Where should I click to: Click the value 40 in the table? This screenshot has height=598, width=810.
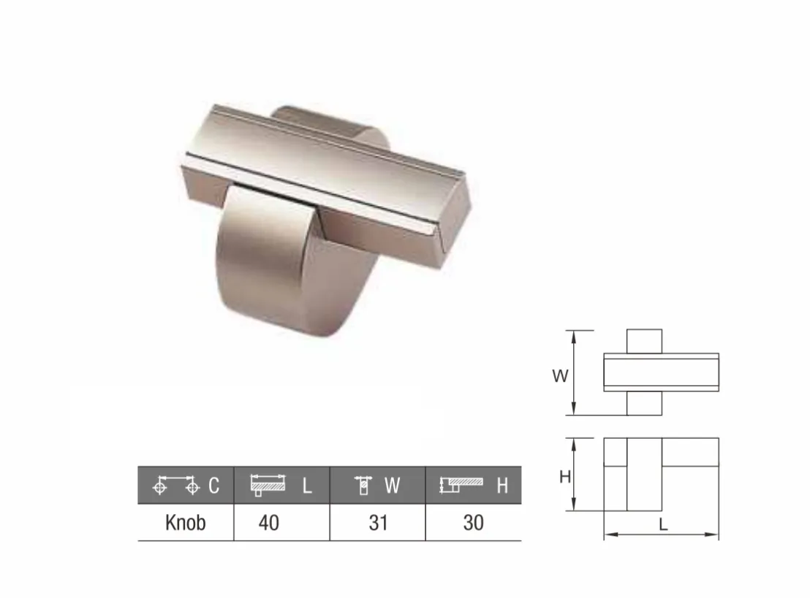coord(268,523)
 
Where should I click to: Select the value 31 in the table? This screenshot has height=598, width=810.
coord(378,523)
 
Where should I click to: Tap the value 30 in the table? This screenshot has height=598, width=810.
coord(473,523)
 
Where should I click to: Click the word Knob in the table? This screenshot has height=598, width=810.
coord(186,523)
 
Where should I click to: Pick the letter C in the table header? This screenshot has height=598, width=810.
coord(214,486)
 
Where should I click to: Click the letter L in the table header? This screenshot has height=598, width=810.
coord(307,486)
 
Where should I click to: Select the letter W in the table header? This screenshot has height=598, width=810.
coord(392,486)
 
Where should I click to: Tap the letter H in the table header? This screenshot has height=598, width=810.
coord(502,486)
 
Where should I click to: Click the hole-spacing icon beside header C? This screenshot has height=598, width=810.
coord(176,485)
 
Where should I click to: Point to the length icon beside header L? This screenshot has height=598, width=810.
coord(268,485)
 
